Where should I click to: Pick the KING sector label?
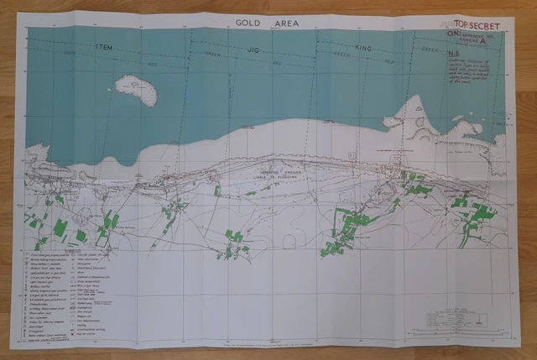(362, 50)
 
